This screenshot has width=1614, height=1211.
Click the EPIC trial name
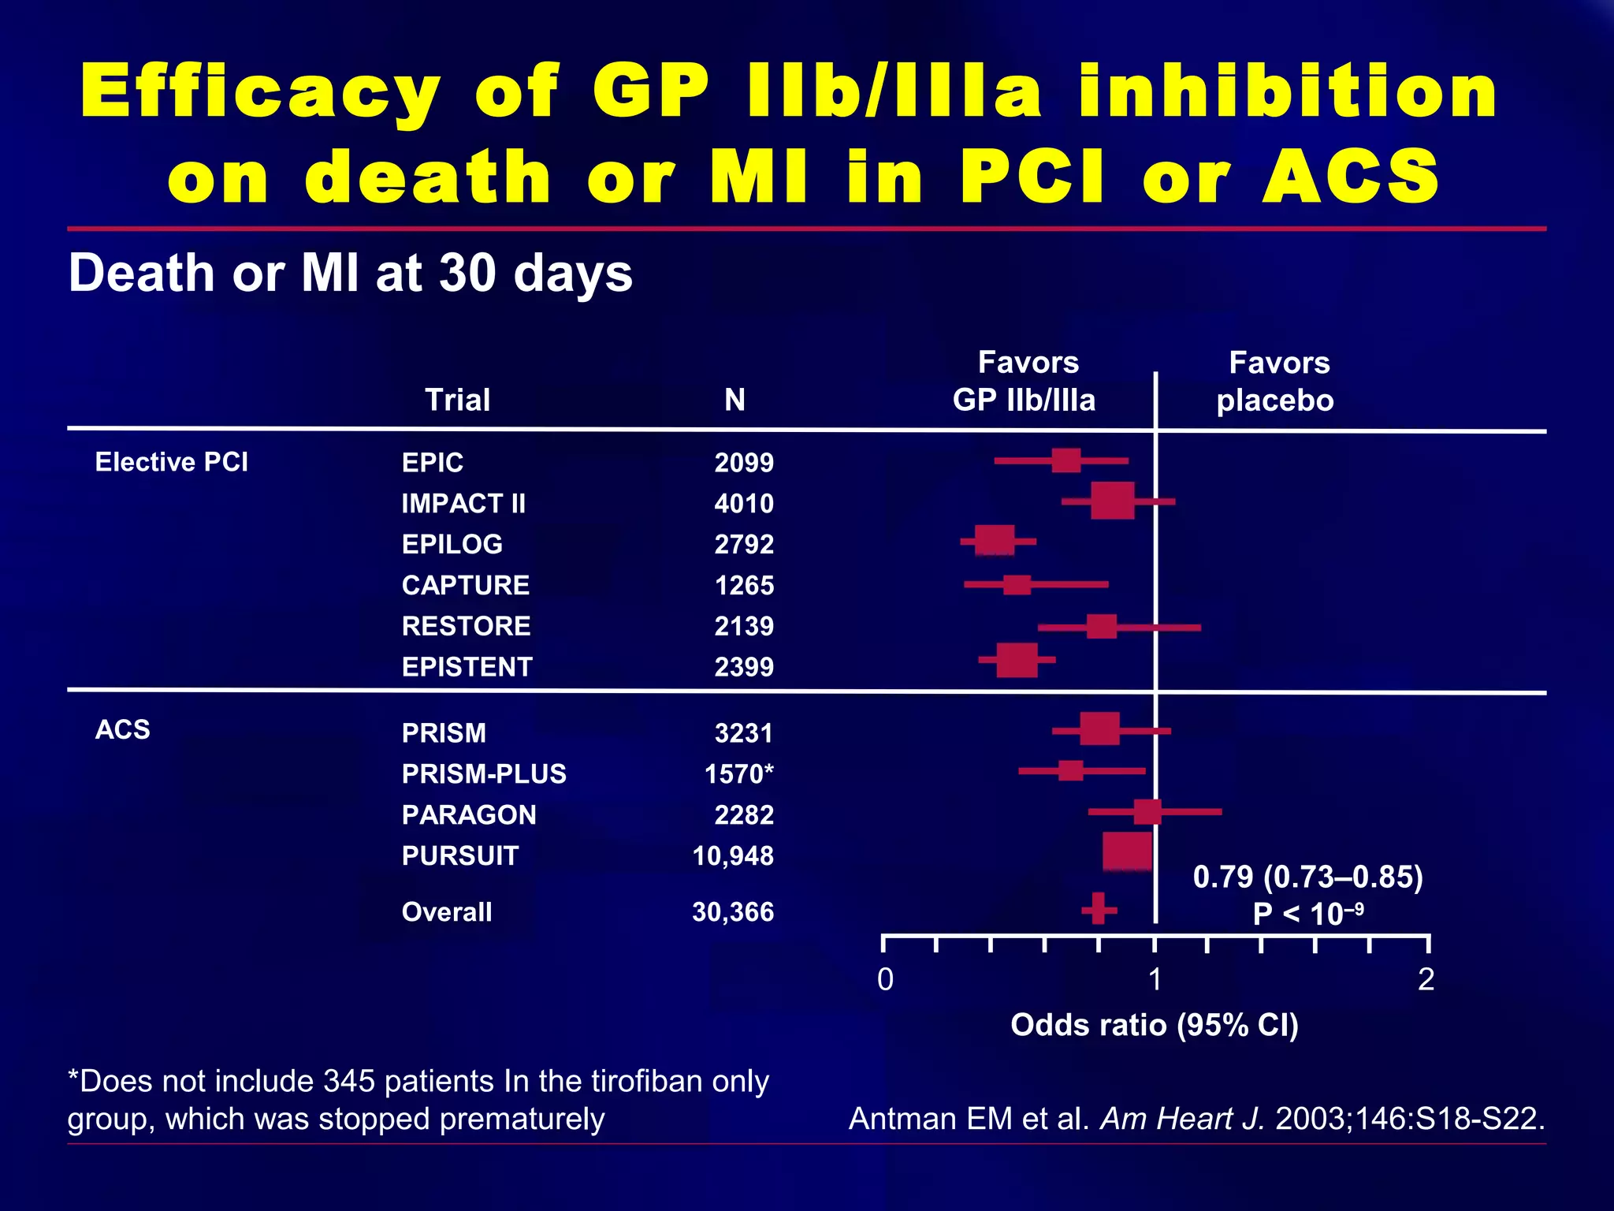point(433,462)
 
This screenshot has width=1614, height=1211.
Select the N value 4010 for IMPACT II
point(744,503)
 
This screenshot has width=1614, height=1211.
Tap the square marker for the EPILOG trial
point(995,541)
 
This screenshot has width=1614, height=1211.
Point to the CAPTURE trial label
point(465,585)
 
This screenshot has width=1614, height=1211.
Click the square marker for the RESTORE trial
point(1101,627)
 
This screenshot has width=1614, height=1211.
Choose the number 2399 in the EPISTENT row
point(744,667)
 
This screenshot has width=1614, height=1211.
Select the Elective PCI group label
point(171,462)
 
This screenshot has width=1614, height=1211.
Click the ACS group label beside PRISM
point(123,729)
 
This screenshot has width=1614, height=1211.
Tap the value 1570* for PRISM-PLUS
point(738,773)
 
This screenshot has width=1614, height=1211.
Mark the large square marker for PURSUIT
point(1127,851)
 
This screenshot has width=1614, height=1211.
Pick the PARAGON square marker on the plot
point(1147,811)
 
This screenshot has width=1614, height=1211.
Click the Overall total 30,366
point(733,912)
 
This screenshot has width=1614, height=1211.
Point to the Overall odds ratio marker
point(1098,909)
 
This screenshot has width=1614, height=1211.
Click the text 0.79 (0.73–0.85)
point(1307,877)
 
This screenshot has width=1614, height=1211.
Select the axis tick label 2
point(1426,979)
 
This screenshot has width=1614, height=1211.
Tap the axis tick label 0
point(885,979)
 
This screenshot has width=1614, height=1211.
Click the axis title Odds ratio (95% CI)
point(1154,1025)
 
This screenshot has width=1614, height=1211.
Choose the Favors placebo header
point(1276,382)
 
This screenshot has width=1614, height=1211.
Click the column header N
point(734,400)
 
